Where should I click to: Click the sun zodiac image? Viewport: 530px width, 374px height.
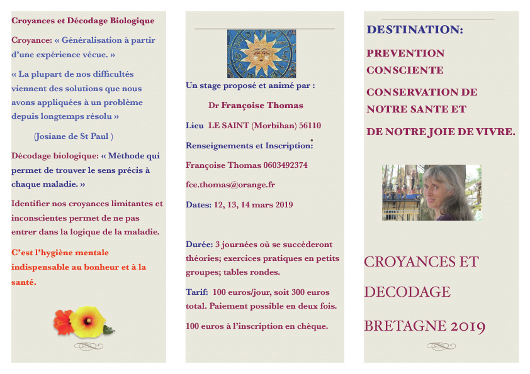261,54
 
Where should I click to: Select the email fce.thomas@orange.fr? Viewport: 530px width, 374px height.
230,185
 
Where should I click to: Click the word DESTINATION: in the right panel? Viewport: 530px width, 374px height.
415,30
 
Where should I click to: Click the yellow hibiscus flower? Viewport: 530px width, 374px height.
86,321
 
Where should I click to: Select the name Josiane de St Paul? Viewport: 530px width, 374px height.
74,136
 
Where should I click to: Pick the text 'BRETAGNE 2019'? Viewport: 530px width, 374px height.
424,326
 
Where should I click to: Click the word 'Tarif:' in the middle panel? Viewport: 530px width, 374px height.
196,292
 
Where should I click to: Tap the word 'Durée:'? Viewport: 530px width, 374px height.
199,244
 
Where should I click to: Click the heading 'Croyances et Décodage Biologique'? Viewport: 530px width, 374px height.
82,20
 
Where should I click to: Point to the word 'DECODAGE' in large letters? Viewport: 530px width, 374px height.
407,292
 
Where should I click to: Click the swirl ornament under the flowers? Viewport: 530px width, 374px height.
88,345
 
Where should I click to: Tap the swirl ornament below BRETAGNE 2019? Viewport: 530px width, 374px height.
441,345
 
